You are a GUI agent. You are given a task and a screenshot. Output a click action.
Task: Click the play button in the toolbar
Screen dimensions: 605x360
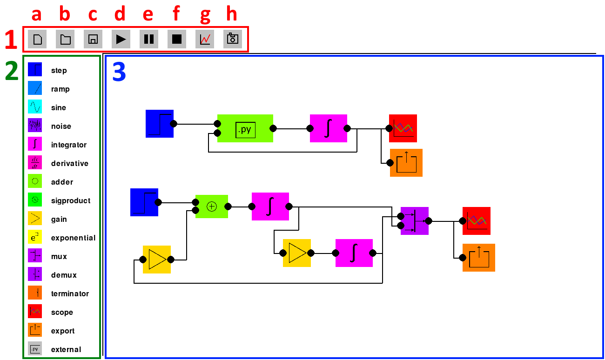click(x=121, y=39)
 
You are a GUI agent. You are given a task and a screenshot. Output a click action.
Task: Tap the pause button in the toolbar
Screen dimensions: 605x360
click(x=149, y=39)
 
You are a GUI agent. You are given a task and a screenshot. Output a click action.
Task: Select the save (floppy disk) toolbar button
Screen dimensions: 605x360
click(x=93, y=39)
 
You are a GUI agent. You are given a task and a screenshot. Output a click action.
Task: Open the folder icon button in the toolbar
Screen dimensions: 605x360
click(x=65, y=39)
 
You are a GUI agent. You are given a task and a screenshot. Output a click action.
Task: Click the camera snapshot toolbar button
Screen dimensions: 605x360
click(x=233, y=39)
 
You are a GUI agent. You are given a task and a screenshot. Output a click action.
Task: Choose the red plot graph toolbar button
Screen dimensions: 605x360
click(x=205, y=39)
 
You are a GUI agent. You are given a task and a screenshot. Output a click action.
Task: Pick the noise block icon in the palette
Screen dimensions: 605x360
click(x=35, y=125)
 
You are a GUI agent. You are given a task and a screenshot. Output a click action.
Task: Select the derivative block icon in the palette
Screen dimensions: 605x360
click(x=35, y=162)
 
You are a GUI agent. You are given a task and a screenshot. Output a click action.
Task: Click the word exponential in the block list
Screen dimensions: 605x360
click(x=73, y=238)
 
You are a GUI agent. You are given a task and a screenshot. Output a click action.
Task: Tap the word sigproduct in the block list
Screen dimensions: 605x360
click(x=71, y=201)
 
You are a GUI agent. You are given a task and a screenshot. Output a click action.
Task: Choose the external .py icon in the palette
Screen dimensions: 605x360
click(x=35, y=349)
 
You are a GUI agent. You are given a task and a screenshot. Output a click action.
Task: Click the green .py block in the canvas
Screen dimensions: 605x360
click(x=245, y=128)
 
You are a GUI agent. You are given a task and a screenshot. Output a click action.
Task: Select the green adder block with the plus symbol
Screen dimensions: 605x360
click(x=212, y=207)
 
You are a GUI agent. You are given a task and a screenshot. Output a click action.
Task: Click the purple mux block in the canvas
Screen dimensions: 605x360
click(x=415, y=221)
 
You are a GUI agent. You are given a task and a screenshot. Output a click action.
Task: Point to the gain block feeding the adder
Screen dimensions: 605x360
click(x=157, y=260)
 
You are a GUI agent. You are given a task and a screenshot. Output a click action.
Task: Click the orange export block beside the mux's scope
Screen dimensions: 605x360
click(x=479, y=258)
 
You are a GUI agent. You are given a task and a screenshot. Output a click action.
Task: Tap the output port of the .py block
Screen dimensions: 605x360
click(x=273, y=128)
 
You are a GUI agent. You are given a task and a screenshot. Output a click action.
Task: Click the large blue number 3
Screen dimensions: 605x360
click(x=119, y=72)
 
